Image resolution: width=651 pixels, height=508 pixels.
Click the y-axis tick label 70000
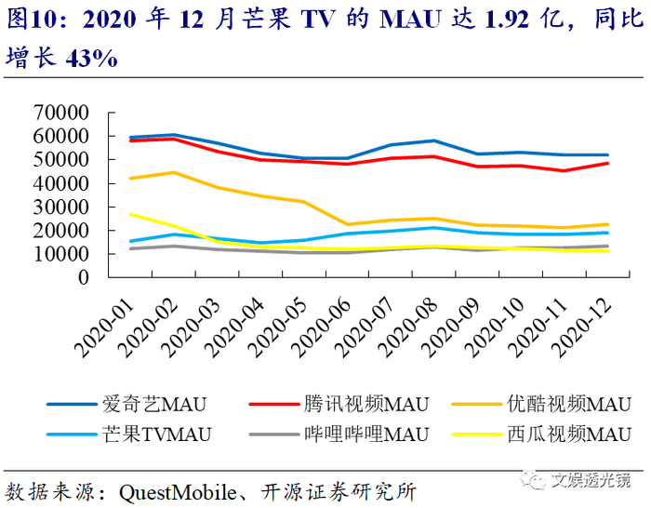pos(60,113)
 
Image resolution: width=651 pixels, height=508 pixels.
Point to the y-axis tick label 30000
pos(60,207)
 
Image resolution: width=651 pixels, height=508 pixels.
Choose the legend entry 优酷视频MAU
pos(568,404)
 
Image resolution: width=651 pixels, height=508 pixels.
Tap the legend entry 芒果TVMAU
pos(156,434)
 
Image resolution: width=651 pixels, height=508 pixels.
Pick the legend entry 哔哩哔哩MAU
pos(366,434)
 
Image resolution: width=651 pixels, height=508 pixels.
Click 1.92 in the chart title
pos(502,19)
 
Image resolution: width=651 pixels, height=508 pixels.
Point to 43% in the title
pos(90,58)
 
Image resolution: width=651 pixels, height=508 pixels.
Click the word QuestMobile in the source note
pos(177,491)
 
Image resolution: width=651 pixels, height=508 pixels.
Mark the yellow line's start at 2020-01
pos(132,214)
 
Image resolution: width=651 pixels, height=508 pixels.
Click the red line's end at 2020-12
pos(609,164)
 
